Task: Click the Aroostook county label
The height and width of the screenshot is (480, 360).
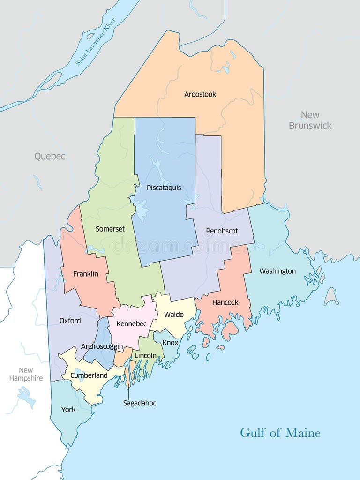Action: [x=200, y=94]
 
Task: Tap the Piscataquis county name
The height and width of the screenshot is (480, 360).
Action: [x=164, y=188]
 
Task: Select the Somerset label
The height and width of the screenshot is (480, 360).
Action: [x=110, y=229]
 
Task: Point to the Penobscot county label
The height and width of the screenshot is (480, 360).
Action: [x=222, y=231]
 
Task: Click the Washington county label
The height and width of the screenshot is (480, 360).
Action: [x=277, y=271]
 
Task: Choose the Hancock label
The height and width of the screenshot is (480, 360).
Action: [x=225, y=302]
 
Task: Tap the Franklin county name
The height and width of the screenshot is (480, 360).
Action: [x=86, y=274]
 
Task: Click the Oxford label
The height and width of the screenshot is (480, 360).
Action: [x=70, y=321]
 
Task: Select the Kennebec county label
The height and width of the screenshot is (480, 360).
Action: [x=131, y=324]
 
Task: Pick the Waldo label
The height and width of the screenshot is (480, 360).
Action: [x=173, y=315]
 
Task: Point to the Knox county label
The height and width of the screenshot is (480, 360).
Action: [x=170, y=343]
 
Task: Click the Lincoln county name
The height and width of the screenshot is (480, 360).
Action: [x=145, y=356]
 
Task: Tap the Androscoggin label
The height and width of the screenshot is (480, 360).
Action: [x=102, y=346]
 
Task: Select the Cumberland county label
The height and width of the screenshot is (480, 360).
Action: [x=89, y=375]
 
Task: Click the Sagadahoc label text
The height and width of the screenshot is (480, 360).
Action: [x=140, y=403]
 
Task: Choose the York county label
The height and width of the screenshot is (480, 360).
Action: [x=68, y=410]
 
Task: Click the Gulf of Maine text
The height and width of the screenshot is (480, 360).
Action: [x=280, y=432]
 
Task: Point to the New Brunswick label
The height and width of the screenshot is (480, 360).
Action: [x=310, y=120]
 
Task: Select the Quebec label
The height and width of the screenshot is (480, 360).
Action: [x=50, y=157]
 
